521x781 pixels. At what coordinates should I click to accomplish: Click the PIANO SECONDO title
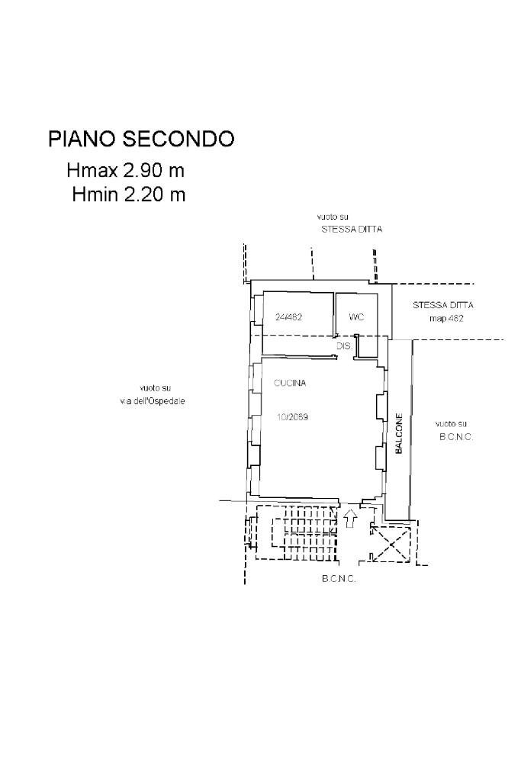[x=141, y=139]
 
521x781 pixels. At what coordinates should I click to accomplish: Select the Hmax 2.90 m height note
[x=126, y=170]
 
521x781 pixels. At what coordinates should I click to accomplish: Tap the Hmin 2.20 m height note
[x=129, y=194]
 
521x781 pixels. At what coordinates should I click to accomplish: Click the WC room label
[x=356, y=317]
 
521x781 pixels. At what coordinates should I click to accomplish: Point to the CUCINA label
[x=290, y=384]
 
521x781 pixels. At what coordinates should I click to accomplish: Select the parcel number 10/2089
[x=292, y=417]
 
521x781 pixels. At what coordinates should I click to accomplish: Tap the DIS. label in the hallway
[x=344, y=346]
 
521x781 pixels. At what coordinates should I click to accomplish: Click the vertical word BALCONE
[x=398, y=435]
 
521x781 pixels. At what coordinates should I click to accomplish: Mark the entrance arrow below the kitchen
[x=350, y=519]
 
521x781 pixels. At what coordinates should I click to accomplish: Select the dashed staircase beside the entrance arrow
[x=296, y=532]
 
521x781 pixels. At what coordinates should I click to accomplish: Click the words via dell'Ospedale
[x=153, y=400]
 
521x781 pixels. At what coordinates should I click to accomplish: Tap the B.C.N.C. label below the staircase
[x=339, y=579]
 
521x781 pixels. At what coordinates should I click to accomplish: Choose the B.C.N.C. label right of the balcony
[x=456, y=437]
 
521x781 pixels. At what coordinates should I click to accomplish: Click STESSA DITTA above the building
[x=351, y=229]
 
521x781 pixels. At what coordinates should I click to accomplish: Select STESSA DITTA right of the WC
[x=442, y=305]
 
